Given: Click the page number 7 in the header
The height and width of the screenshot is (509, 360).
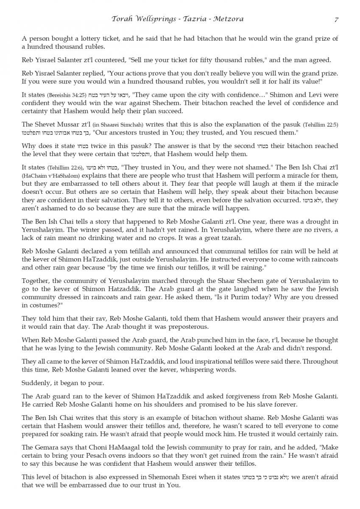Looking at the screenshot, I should [336, 20].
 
